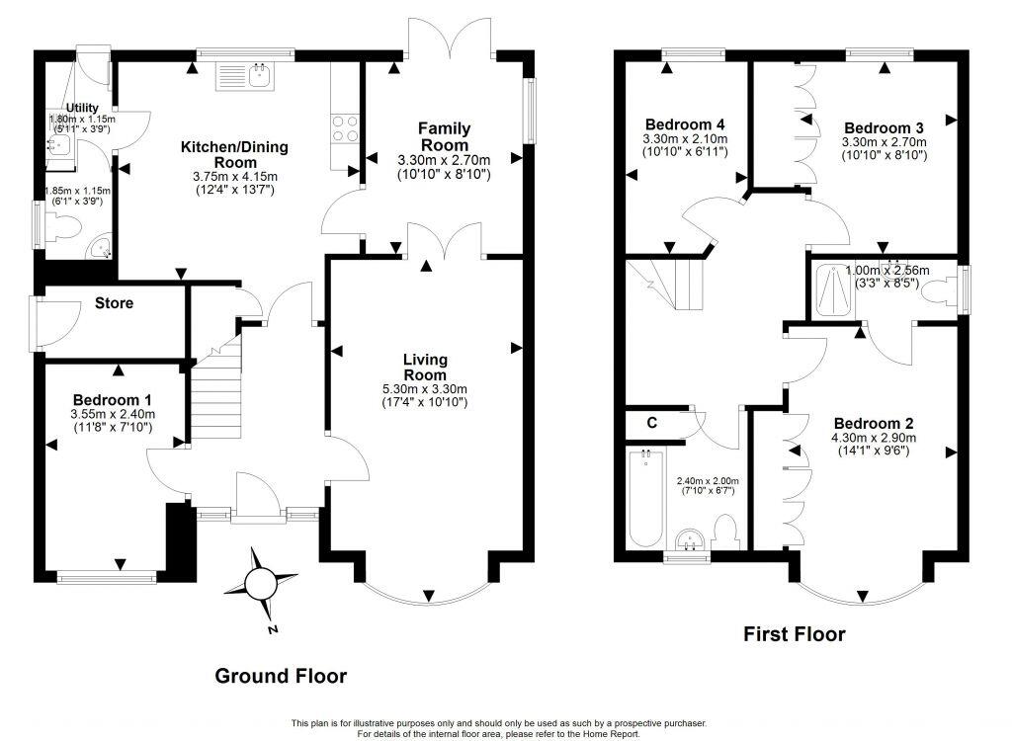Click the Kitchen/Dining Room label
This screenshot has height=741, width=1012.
(234, 155)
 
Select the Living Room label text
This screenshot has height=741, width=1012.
(425, 368)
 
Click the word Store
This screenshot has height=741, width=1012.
(114, 303)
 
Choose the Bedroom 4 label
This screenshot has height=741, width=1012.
(686, 124)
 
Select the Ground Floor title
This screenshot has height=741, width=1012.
(282, 676)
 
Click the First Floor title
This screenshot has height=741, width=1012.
(795, 634)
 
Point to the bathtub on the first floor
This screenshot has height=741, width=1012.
(645, 499)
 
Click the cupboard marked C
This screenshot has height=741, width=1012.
(651, 422)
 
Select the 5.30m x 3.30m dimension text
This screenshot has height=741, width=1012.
(425, 388)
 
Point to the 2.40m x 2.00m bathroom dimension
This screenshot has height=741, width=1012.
(707, 481)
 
